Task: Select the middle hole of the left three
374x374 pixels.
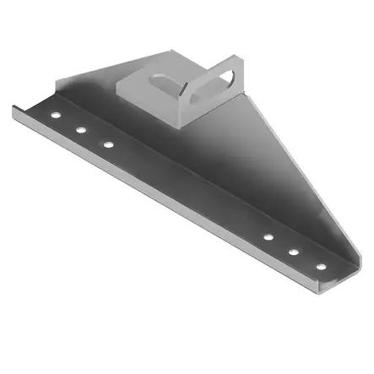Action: pos(80,129)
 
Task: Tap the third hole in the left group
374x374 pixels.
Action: pos(108,144)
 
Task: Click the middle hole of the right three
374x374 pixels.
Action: pos(295,252)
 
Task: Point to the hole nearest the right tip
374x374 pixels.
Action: pos(321,267)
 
